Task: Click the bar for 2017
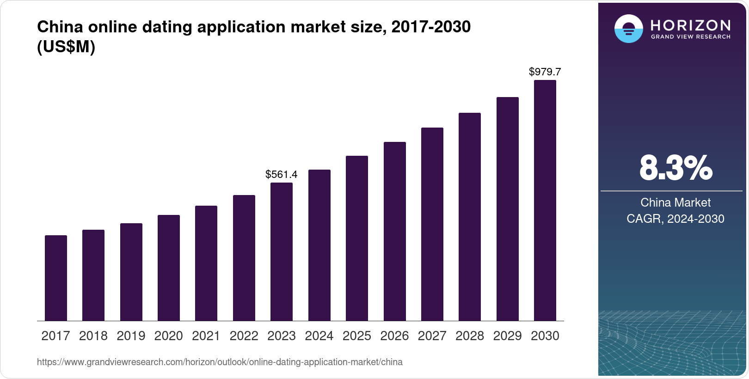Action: [x=56, y=278]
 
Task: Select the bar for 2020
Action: [x=169, y=268]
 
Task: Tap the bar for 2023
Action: [x=282, y=251]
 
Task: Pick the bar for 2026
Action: [x=395, y=231]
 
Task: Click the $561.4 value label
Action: [x=281, y=174]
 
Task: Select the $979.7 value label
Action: [x=545, y=72]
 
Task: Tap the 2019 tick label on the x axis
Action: [x=131, y=336]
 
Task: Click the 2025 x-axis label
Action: [x=357, y=336]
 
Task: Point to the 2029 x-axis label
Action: [x=507, y=336]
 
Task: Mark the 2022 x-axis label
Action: [x=244, y=336]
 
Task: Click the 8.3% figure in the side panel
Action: [x=675, y=168]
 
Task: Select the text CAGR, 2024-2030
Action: [x=675, y=219]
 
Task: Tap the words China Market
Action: [x=675, y=202]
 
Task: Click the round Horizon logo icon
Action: [x=628, y=29]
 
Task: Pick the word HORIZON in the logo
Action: [x=691, y=25]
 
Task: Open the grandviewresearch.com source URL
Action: [x=220, y=362]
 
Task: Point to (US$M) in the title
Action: [x=66, y=47]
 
